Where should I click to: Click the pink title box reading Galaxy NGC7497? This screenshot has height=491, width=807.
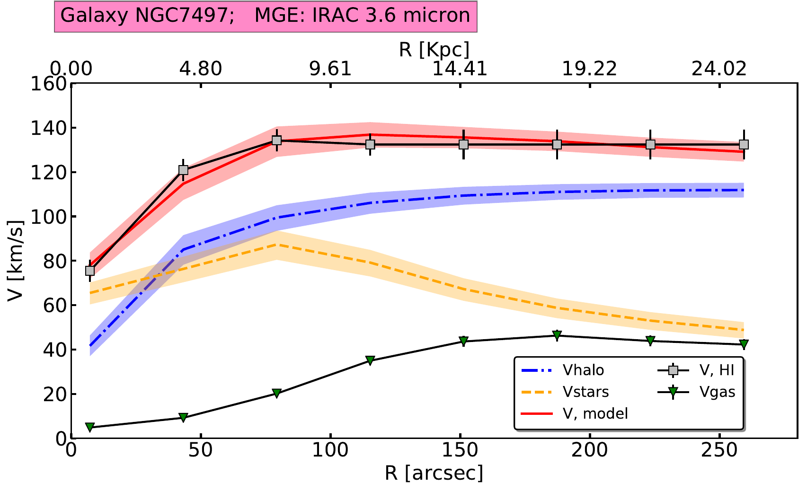pos(265,16)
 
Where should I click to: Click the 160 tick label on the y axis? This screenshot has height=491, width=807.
pos(47,84)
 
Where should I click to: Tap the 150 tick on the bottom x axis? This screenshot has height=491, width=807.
pos(460,450)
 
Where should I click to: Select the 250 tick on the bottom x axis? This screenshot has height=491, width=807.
pos(719,450)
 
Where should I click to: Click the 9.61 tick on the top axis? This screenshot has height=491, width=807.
pos(330,69)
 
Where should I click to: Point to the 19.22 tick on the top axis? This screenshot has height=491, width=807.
pos(590,69)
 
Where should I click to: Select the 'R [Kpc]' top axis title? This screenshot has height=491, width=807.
pos(434,49)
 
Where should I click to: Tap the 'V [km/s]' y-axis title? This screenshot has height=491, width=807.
pos(15,260)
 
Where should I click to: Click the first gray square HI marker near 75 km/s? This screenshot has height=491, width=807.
pos(90,271)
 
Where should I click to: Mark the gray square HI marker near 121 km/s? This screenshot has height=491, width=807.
pos(183,170)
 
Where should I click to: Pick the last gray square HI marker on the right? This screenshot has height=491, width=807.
pos(744,144)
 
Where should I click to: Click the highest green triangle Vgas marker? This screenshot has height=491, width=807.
pos(557,335)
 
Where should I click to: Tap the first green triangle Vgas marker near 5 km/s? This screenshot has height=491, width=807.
pos(90,427)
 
